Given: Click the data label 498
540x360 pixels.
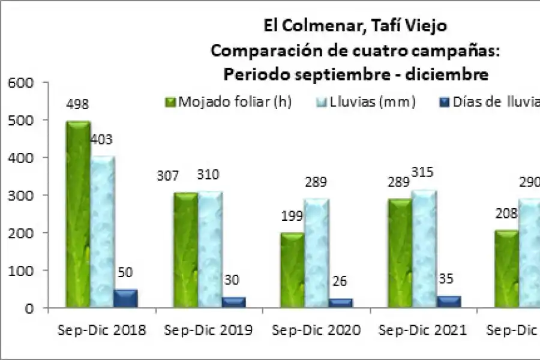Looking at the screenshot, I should pos(78,104).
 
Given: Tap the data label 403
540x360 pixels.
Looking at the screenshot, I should pos(101,140).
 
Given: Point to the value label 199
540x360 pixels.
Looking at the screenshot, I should pos(292,216).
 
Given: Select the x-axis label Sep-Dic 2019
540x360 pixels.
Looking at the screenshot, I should pos(209,330).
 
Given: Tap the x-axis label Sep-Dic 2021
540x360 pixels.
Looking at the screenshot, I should pos(423,330).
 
